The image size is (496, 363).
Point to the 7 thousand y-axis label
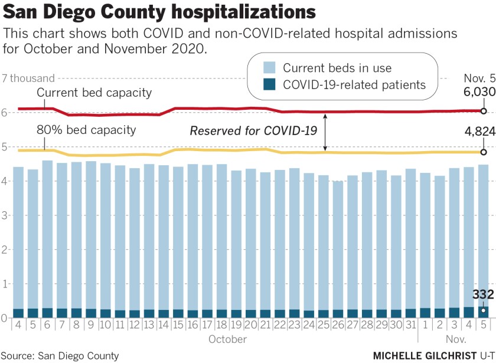click(28, 78)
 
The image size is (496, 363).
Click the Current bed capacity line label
click(94, 93)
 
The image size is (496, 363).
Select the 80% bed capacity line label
click(86, 130)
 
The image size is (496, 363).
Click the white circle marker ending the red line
click(483, 111)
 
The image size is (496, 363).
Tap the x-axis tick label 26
click(337, 325)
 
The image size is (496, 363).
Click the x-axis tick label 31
click(411, 325)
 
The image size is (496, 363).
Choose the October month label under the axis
click(227, 339)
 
